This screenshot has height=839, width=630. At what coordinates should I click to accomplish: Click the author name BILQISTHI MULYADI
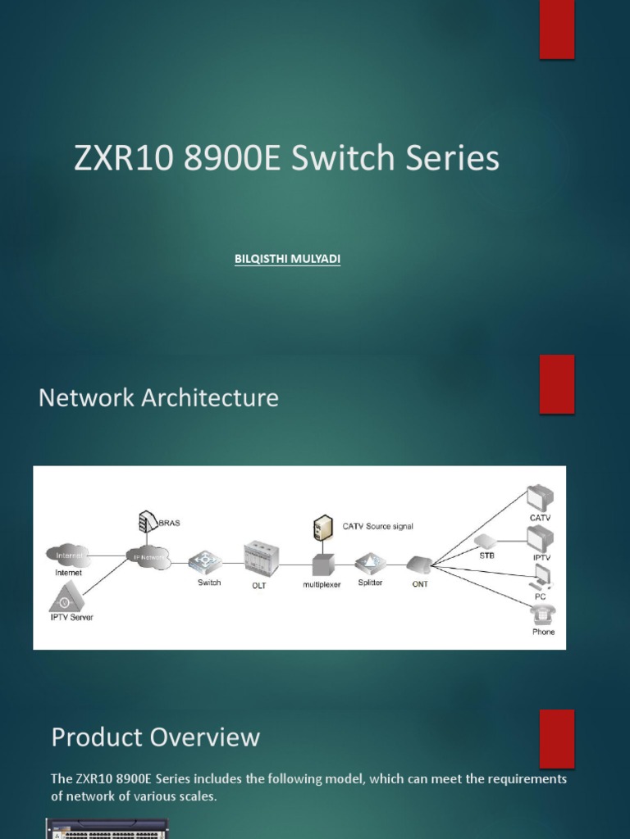[x=287, y=259]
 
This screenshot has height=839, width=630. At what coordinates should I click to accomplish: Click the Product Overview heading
[x=155, y=737]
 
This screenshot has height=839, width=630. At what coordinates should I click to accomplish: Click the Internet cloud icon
[x=67, y=556]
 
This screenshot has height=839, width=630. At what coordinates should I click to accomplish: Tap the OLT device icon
[x=261, y=558]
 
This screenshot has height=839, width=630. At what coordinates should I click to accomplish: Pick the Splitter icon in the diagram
[x=370, y=563]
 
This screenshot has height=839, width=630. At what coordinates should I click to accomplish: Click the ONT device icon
[x=419, y=564]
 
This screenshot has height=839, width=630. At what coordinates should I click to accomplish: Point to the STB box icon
[x=485, y=541]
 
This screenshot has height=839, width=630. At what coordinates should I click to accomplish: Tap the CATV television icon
[x=540, y=497]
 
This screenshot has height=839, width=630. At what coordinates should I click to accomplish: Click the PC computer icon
[x=541, y=578]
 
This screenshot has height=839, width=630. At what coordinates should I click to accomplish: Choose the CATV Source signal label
[x=378, y=526]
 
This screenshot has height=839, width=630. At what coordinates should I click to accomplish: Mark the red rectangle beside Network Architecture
[x=557, y=383]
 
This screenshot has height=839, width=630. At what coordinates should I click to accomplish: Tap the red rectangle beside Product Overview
[x=557, y=738]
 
